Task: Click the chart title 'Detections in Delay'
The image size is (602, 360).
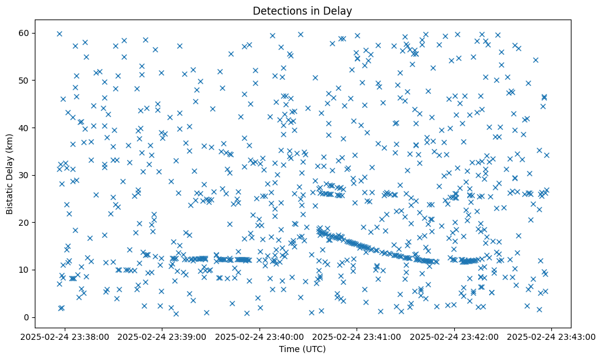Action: coord(302,10)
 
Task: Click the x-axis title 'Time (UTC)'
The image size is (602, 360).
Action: coord(302,349)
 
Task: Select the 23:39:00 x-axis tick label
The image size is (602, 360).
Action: coord(163,336)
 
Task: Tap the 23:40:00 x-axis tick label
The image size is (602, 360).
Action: coord(260,336)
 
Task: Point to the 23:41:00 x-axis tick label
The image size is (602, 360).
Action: coord(357,336)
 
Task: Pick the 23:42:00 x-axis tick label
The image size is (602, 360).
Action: coord(454,336)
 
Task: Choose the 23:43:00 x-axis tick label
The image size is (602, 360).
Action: coord(551,336)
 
